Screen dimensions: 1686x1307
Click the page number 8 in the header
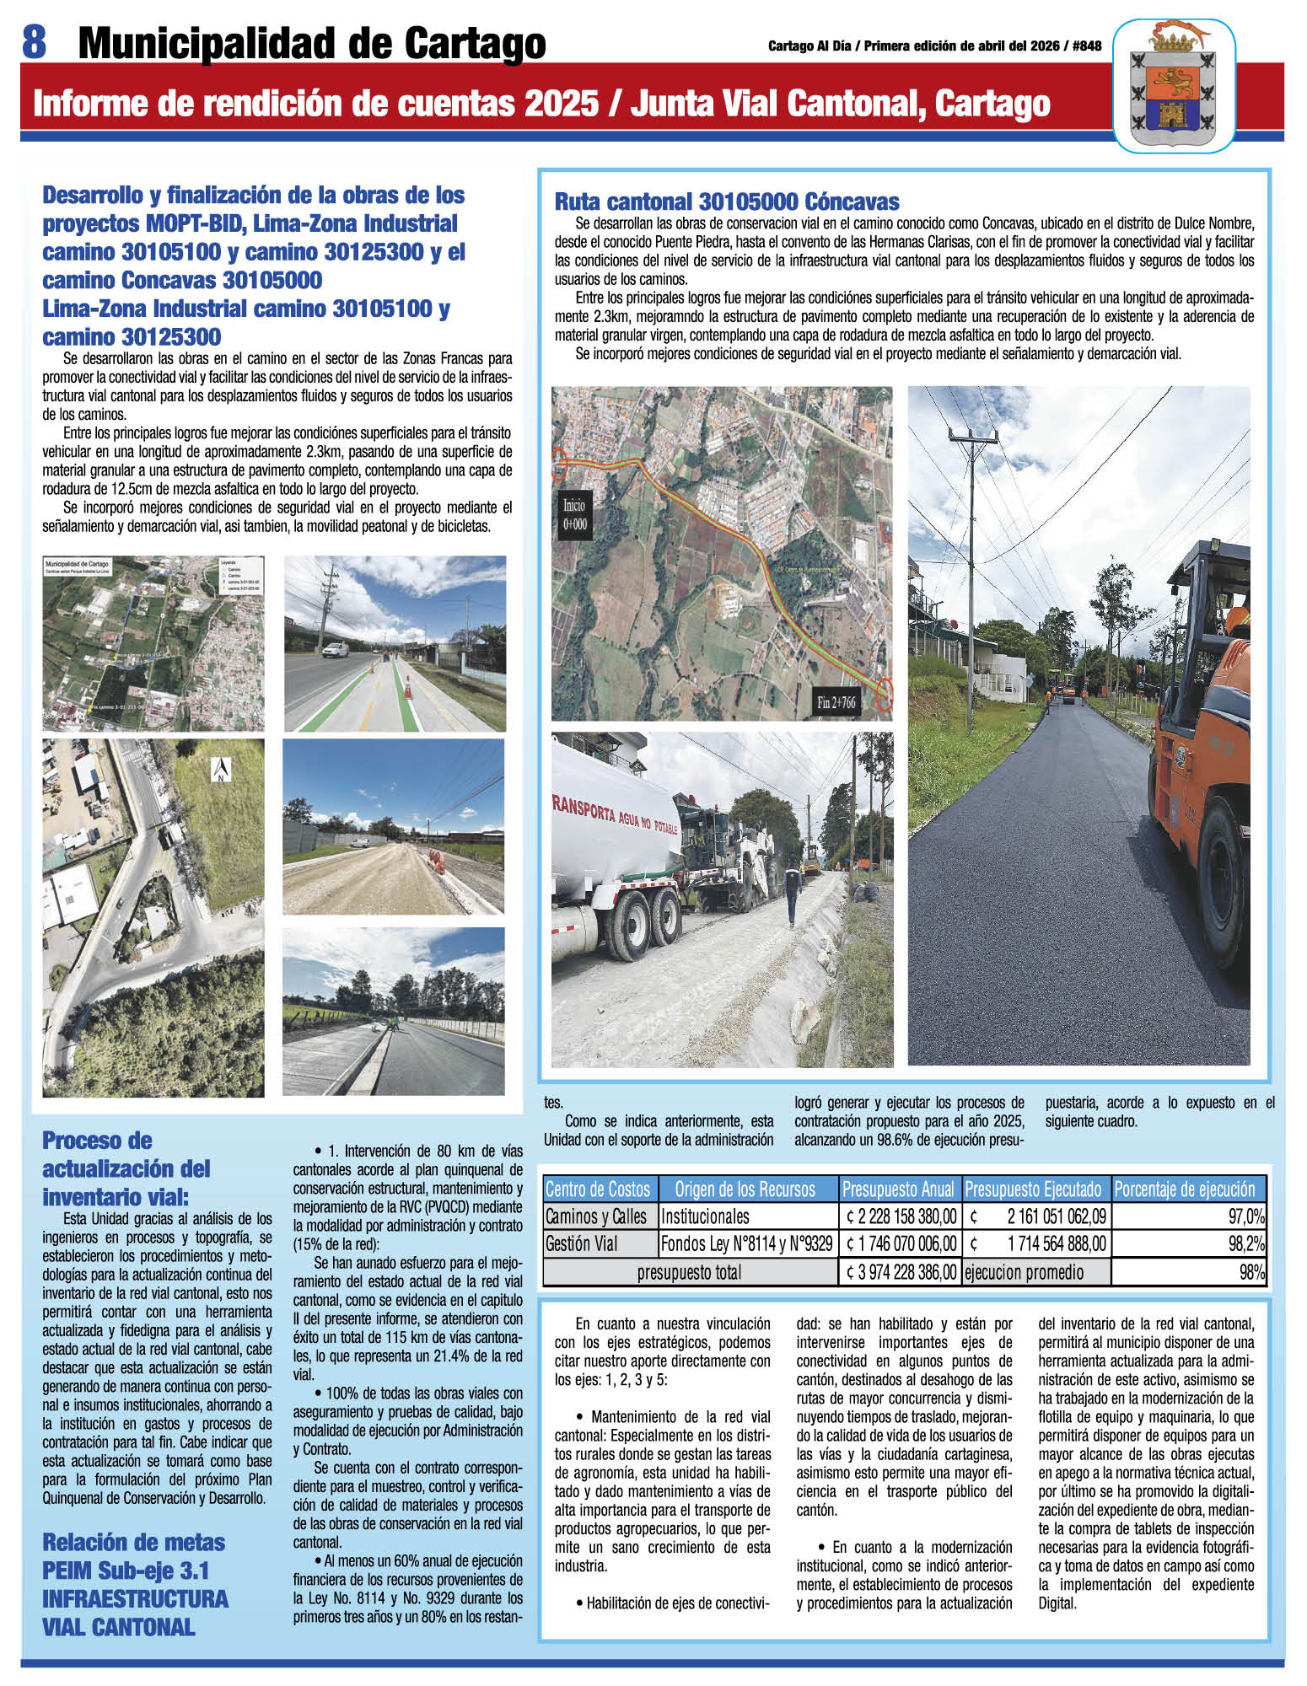(33, 41)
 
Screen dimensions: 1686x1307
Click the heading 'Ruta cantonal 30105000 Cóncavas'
(726, 202)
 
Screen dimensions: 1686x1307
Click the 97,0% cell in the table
(1189, 1216)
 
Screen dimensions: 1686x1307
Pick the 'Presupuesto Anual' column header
(900, 1189)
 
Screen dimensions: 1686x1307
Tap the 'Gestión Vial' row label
(582, 1243)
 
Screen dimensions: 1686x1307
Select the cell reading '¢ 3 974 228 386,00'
(900, 1272)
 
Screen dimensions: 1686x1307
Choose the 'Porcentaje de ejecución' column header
(1185, 1189)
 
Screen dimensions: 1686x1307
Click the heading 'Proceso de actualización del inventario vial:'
(126, 1169)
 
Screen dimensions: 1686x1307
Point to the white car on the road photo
(335, 651)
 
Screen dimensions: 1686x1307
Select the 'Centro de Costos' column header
(598, 1189)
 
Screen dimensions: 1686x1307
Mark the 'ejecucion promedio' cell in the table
(1025, 1272)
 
